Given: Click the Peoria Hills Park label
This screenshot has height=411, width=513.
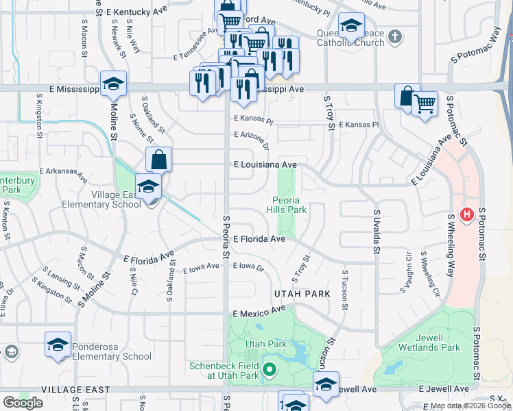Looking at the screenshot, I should [x=286, y=205].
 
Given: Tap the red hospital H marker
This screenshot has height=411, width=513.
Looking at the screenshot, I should [x=467, y=215].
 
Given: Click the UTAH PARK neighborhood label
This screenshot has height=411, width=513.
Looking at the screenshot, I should [x=302, y=293].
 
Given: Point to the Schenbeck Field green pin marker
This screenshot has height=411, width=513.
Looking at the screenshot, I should [x=269, y=371].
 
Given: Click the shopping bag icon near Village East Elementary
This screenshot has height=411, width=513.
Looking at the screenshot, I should [x=158, y=160].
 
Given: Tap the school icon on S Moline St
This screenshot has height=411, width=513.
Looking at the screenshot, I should [x=113, y=84].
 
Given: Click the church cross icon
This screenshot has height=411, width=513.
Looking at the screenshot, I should [x=395, y=36].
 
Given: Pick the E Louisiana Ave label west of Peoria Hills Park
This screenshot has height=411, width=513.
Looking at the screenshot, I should [x=265, y=165].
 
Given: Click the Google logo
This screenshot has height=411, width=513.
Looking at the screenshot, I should [x=23, y=403].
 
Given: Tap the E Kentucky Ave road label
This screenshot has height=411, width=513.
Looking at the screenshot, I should [x=138, y=12].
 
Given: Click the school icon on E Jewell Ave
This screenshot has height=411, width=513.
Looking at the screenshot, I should [x=326, y=384].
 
